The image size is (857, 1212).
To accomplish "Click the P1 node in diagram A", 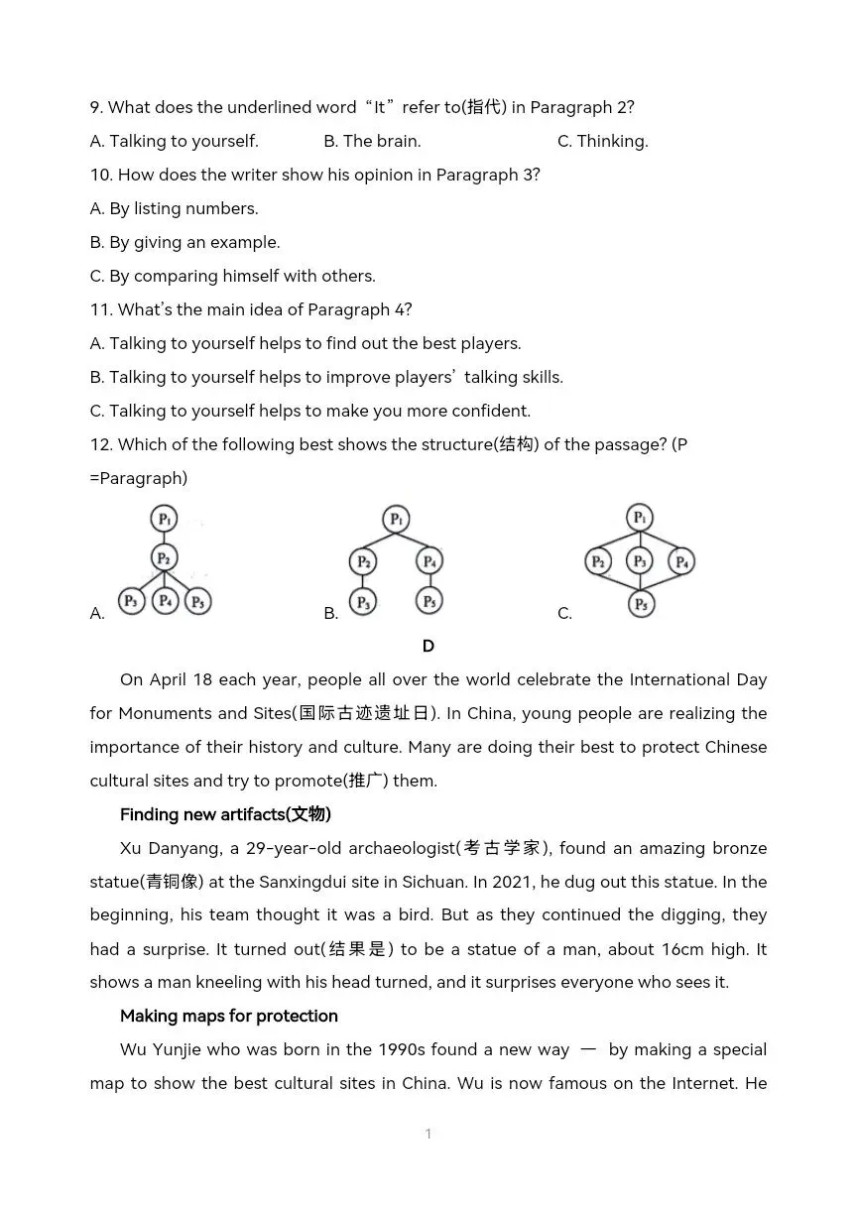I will [x=165, y=519].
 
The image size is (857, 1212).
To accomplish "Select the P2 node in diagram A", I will [x=165, y=558].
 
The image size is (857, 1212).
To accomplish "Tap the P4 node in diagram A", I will [x=165, y=601].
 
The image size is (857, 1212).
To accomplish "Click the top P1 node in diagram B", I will [x=396, y=520].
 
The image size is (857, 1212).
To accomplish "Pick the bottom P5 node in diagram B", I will [x=428, y=601].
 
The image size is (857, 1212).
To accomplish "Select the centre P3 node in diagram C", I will [x=640, y=562].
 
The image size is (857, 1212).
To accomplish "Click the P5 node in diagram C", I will [x=641, y=603].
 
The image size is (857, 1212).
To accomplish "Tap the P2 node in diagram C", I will [x=598, y=562].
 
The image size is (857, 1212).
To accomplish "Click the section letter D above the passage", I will [x=428, y=646].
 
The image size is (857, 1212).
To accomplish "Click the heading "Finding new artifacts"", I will [x=225, y=814].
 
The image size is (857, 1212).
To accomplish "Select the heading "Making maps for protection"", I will [x=228, y=1016].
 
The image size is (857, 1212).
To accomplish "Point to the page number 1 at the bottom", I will [x=428, y=1134].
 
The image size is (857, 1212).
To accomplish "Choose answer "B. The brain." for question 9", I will [x=372, y=141].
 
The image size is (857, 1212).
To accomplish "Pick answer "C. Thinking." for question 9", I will [x=602, y=141].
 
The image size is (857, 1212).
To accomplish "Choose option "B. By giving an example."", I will [x=185, y=242].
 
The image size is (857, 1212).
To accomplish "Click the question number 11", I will [x=100, y=309].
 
